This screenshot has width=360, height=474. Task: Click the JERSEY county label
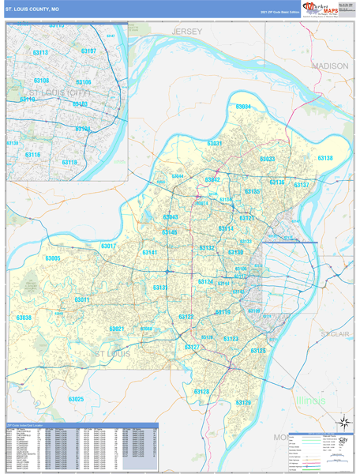[187, 31]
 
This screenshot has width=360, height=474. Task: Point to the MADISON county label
[329, 66]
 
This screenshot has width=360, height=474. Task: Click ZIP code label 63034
[242, 107]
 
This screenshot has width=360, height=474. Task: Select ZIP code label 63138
[324, 159]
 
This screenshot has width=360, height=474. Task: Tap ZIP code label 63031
[215, 143]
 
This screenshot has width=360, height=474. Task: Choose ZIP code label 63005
[53, 258]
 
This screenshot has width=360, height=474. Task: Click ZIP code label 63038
[24, 318]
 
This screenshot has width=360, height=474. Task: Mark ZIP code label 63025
[76, 399]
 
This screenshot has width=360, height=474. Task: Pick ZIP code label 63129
[242, 402]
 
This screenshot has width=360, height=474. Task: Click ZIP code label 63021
[117, 329]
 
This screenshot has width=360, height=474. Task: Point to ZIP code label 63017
[108, 246]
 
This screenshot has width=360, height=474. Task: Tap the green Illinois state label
[309, 401]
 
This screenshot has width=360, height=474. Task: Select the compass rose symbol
[343, 422]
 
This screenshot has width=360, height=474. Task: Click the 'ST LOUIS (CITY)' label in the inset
[58, 93]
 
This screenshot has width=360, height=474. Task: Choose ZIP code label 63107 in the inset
[88, 51]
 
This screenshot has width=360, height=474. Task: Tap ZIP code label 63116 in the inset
[32, 155]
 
